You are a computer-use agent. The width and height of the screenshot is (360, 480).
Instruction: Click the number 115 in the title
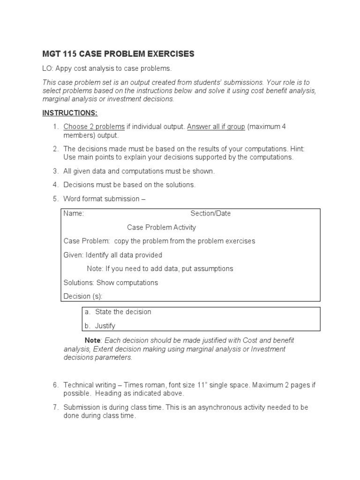click(x=69, y=54)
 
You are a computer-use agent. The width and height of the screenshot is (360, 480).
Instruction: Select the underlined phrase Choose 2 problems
click(x=94, y=127)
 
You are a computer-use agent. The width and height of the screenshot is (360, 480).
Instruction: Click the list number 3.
click(x=55, y=171)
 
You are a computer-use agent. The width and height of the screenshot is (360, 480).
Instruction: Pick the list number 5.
click(x=55, y=199)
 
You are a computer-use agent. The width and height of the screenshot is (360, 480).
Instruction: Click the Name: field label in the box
click(x=74, y=213)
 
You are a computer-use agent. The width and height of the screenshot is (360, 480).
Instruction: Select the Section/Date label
click(x=210, y=213)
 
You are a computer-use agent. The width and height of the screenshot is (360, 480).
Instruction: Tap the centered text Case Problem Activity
click(x=161, y=227)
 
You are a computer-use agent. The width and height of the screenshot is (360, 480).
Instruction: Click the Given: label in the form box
click(x=74, y=255)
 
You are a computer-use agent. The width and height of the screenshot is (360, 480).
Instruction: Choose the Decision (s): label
click(x=82, y=296)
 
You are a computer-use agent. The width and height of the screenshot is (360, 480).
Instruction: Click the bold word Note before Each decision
click(x=92, y=340)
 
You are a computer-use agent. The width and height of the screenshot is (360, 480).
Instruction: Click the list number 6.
click(x=55, y=385)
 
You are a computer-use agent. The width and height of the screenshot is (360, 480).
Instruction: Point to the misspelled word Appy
click(x=64, y=68)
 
